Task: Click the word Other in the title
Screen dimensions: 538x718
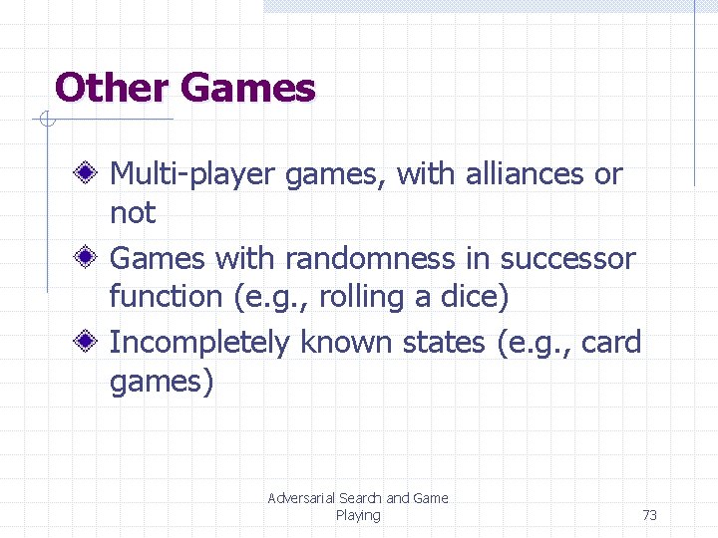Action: point(112,88)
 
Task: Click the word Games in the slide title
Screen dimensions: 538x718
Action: point(248,88)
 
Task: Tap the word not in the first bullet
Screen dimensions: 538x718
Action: point(132,212)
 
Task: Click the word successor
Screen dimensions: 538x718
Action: point(567,259)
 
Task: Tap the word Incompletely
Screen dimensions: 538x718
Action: point(200,344)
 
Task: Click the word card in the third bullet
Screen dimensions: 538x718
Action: point(611,343)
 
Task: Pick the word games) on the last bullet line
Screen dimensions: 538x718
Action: point(162,382)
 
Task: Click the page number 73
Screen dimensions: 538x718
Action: point(649,515)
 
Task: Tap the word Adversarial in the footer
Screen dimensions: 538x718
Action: point(300,498)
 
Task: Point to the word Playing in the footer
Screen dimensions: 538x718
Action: point(358,515)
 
